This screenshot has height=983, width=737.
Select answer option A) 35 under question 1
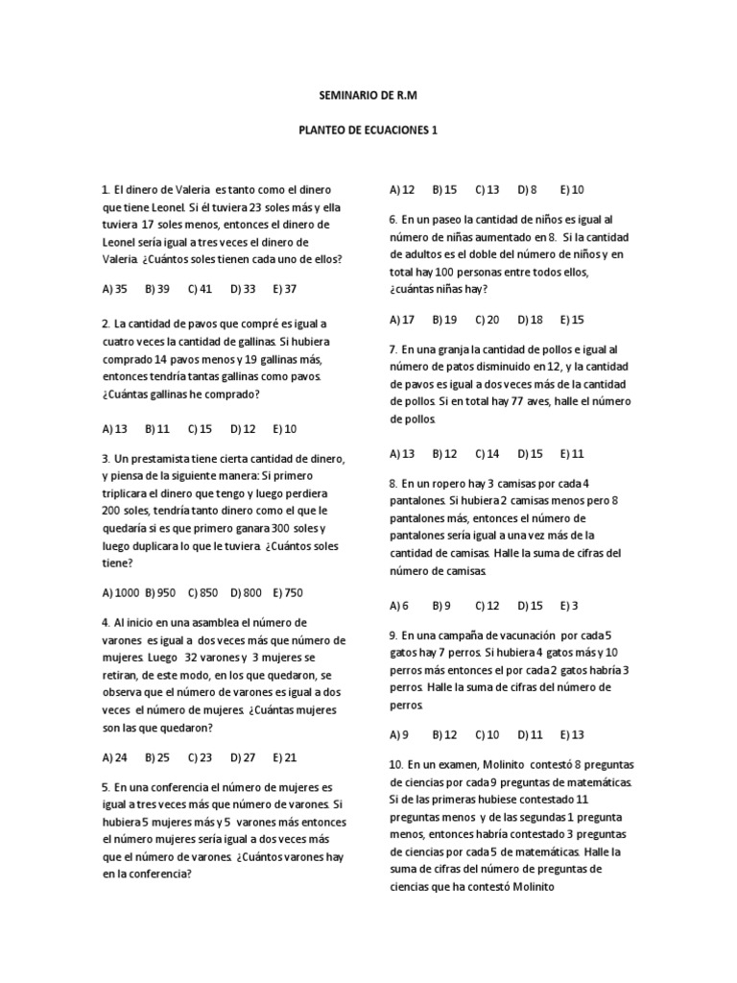114,288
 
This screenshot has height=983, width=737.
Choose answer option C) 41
199,288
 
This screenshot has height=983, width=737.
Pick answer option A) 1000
120,592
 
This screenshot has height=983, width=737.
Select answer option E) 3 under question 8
569,605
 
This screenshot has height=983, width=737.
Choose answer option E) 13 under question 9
572,734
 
